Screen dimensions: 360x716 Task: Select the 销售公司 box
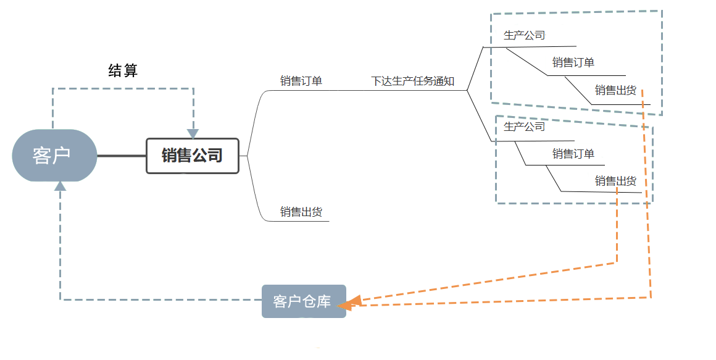192,156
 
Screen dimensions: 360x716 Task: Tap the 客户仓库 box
304,301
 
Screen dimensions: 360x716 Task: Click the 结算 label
123,71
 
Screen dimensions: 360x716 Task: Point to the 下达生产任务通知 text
412,82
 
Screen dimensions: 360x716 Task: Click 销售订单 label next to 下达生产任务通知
301,81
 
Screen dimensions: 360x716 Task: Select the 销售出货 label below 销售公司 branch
301,212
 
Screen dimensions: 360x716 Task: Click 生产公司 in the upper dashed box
525,35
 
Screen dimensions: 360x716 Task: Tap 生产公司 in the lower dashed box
525,127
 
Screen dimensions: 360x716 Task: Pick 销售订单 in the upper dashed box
573,62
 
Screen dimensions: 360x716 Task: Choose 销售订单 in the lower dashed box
573,154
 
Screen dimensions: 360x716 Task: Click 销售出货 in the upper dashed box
615,91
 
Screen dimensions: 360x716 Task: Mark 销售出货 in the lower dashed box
615,181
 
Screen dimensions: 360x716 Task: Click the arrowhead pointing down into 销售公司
193,133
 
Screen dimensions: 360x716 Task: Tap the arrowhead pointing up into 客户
60,186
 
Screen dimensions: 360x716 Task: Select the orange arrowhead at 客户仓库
349,303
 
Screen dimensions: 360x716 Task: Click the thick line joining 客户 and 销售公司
122,156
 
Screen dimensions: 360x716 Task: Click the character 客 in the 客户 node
42,156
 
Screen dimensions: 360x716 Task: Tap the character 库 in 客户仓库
324,302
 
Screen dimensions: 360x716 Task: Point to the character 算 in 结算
130,71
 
